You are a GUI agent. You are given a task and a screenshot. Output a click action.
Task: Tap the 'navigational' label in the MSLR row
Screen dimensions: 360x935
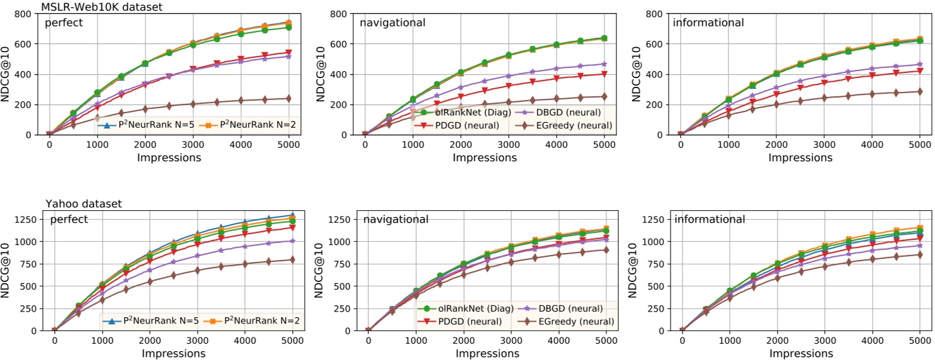pos(392,23)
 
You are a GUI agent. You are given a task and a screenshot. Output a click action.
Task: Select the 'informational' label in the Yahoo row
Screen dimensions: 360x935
pos(710,220)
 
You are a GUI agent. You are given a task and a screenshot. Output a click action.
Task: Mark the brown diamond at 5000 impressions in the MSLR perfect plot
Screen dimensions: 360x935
pos(288,98)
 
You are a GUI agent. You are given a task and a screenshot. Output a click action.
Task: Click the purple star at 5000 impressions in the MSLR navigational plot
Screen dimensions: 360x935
pos(604,64)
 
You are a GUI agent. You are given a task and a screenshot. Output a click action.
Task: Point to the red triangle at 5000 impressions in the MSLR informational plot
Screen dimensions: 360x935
pos(919,70)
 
